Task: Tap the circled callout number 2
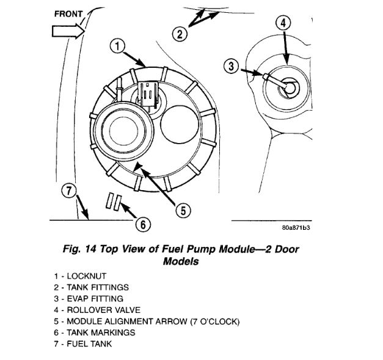178,34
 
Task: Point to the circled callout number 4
283,24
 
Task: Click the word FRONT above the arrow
69,13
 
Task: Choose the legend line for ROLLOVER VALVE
92,310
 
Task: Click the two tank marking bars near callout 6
114,202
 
